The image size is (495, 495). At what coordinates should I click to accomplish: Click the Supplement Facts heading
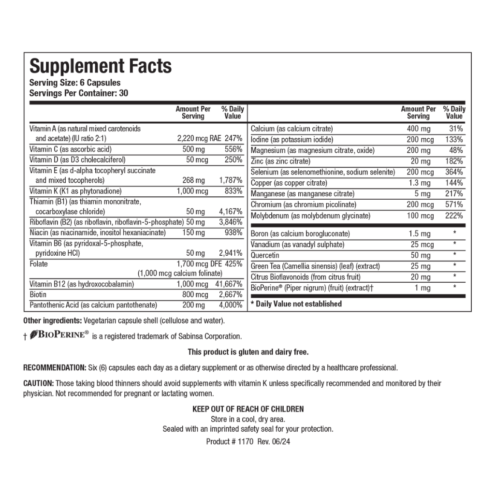click(101, 66)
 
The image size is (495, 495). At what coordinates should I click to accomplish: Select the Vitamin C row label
click(71, 149)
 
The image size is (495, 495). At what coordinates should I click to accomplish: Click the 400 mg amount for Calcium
click(419, 129)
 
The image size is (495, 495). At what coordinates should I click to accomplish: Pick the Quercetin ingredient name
click(265, 255)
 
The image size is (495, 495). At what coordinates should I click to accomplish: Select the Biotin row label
click(38, 294)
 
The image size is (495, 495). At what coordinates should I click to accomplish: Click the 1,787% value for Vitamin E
click(231, 180)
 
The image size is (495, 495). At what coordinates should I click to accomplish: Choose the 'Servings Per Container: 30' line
click(79, 93)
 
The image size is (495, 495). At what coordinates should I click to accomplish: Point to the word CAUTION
click(39, 383)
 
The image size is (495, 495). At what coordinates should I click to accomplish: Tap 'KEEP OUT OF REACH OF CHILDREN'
click(248, 409)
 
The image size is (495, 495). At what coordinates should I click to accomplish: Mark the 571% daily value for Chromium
click(454, 205)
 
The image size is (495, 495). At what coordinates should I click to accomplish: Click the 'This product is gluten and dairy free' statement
click(248, 352)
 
